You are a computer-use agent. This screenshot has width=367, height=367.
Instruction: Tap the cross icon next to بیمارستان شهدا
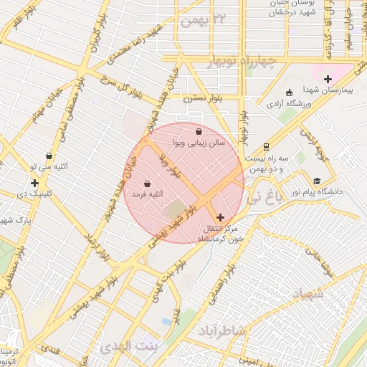(x=328, y=78)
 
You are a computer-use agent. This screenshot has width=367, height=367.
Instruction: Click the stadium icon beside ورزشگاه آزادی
(x=289, y=92)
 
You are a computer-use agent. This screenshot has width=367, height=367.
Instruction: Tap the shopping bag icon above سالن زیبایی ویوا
(x=199, y=131)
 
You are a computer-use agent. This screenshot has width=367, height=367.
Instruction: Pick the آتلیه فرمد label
(x=147, y=194)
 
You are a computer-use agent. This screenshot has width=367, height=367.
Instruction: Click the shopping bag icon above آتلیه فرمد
(x=147, y=183)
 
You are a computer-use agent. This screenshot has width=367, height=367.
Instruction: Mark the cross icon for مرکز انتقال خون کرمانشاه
(x=219, y=216)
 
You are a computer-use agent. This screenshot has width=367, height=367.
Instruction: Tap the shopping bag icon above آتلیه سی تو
(x=49, y=156)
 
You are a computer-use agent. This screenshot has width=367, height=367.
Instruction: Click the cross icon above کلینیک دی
(x=34, y=183)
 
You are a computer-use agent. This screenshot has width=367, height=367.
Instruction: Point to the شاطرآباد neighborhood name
(x=221, y=330)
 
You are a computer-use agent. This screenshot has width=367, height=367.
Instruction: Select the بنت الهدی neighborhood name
(x=125, y=347)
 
